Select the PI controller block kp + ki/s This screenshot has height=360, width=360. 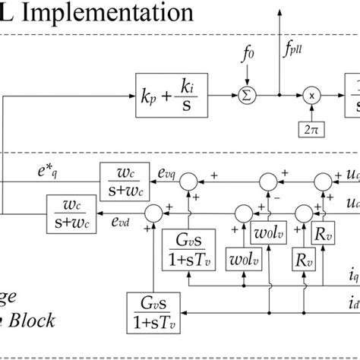click(x=172, y=96)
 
